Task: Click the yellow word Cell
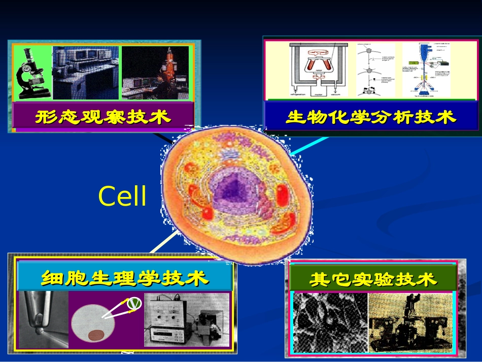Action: click(122, 196)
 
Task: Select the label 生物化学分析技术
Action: click(371, 117)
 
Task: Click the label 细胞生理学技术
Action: click(124, 278)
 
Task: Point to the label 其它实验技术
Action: click(373, 279)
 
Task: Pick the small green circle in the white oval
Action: click(134, 303)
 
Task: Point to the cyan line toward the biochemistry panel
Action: click(306, 144)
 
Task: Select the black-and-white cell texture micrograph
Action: click(330, 323)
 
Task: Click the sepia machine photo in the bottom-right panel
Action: click(409, 323)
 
